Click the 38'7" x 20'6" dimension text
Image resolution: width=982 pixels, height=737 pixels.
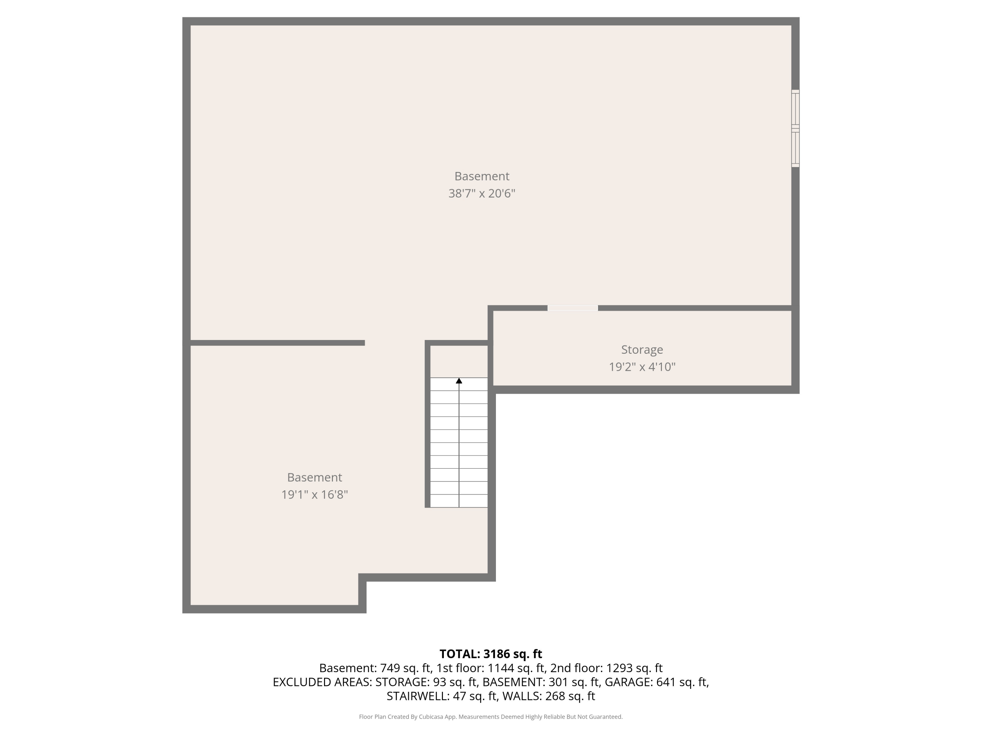tap(482, 194)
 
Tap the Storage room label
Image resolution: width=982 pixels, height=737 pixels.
tap(642, 350)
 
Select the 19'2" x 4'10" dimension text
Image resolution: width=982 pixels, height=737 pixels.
tap(642, 367)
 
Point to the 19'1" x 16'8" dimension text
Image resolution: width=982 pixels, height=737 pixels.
tap(314, 494)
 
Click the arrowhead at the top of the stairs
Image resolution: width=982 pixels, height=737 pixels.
tap(459, 381)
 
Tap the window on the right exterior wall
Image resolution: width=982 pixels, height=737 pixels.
tap(795, 128)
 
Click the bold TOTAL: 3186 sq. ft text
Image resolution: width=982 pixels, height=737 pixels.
tap(491, 654)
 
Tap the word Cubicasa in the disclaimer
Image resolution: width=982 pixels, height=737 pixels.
tap(431, 717)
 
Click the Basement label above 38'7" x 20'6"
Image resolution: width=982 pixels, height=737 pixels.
tap(482, 176)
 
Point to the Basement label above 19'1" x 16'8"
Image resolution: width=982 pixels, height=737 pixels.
tap(314, 478)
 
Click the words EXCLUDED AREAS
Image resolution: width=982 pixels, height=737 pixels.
tap(322, 682)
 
